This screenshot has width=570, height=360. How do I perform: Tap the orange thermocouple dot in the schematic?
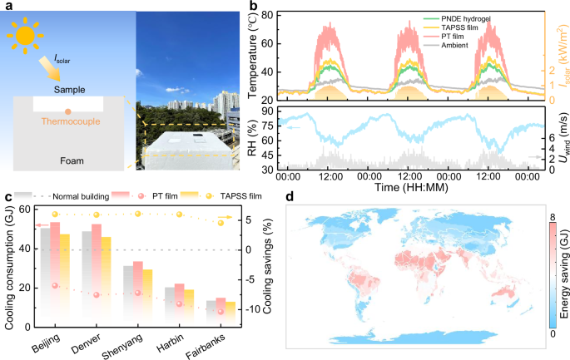[x=68, y=110]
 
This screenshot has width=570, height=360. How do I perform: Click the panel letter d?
[x=290, y=198]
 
